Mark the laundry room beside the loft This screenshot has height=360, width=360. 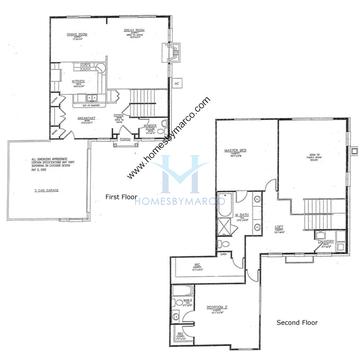(322, 243)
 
